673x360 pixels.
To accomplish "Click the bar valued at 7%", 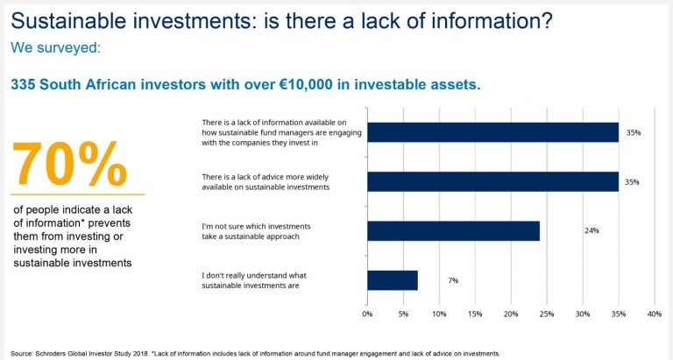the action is point(393,280).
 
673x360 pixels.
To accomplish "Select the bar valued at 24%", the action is point(454,231).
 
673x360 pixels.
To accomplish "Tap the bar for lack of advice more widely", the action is point(493,181).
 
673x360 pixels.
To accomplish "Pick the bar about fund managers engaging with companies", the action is point(493,132).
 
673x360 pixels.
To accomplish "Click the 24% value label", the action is point(592,230).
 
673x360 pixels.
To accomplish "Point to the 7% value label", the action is point(453,280).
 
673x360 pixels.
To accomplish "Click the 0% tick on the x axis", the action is point(367,314).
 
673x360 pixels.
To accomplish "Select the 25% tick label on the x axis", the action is point(547,314).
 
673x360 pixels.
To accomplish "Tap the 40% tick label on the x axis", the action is point(655,314).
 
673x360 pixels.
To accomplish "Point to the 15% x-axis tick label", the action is point(475,314).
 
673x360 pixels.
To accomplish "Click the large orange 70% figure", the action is point(69,165).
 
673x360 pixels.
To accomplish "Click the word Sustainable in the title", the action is point(68,21).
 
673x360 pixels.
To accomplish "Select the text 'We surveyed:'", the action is point(56,47).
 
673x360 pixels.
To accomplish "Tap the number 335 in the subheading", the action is point(23,84).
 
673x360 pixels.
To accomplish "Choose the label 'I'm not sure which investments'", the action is point(256,226).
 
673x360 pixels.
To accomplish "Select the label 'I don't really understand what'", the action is point(254,275).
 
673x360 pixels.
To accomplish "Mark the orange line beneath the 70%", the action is point(78,194).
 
